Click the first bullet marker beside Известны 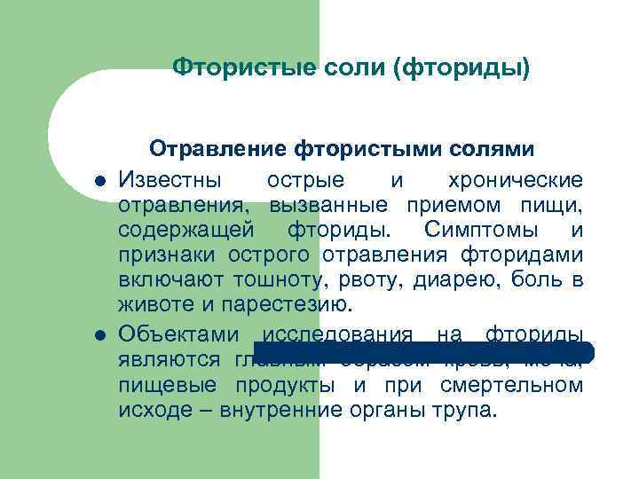(x=101, y=182)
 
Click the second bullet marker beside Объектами (x=101, y=335)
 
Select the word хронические (x=527, y=181)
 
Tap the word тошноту (x=283, y=282)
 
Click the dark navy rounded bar (x=426, y=351)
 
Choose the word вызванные (x=330, y=206)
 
